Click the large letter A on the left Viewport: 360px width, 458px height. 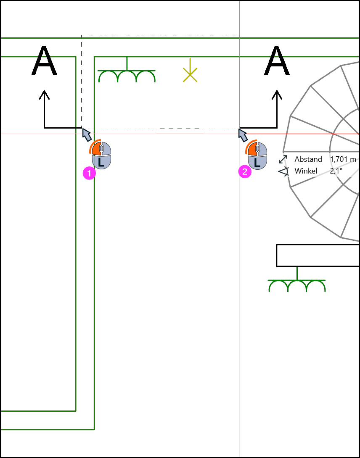44,61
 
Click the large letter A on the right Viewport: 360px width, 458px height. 277,61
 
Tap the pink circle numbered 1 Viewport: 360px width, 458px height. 89,173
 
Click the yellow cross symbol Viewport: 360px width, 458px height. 190,74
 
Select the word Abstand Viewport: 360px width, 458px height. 308,159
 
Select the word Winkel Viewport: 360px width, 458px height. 306,171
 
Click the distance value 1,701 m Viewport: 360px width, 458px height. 343,159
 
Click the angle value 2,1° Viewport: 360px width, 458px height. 336,171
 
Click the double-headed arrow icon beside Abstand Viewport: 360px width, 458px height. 283,160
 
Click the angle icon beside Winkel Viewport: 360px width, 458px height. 283,171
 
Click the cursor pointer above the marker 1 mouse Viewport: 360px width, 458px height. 87,134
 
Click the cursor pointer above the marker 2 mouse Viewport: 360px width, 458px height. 243,135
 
